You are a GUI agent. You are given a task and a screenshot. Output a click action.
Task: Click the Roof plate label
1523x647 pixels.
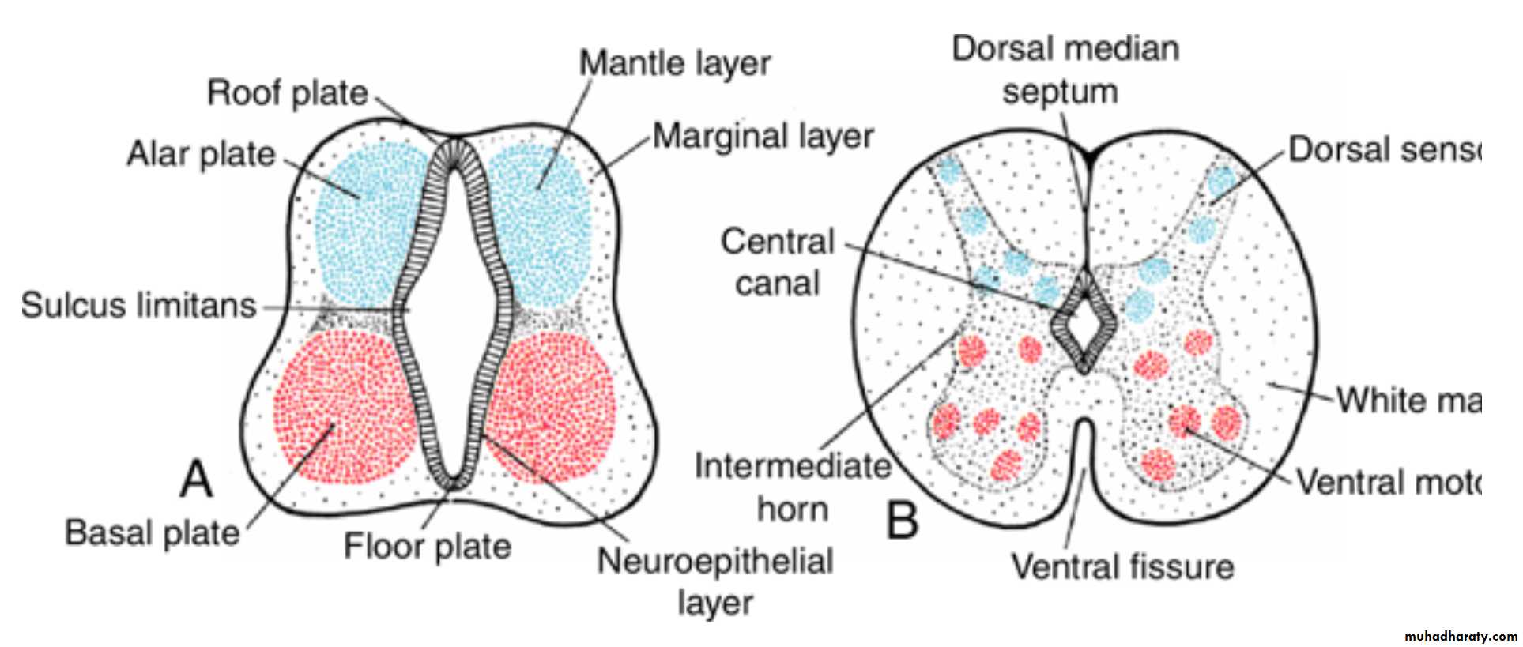[x=287, y=93]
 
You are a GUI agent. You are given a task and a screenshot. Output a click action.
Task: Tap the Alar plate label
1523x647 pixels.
[x=201, y=154]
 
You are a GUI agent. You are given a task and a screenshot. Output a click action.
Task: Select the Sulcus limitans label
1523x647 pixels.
[x=138, y=306]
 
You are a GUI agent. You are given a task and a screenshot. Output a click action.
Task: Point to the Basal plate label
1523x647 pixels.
[x=152, y=532]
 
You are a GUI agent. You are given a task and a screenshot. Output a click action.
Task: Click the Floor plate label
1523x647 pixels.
[x=427, y=546]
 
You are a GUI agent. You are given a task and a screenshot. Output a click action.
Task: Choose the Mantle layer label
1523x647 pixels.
[x=674, y=64]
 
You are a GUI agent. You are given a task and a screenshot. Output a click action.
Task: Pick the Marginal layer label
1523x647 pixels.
[x=763, y=137]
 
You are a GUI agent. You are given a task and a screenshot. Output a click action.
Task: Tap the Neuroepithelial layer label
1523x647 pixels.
[x=715, y=581]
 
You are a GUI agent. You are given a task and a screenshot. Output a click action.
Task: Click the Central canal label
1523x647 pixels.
[x=778, y=262]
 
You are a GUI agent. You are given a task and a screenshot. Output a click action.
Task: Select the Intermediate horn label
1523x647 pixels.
[x=792, y=487]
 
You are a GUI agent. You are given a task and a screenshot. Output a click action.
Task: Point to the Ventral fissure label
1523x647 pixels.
[x=1122, y=566]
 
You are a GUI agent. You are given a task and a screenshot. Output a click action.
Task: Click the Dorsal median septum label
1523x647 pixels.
[x=1064, y=70]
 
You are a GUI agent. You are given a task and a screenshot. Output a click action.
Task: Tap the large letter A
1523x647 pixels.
[x=196, y=479]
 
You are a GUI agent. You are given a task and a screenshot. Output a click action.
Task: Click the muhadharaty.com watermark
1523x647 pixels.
[x=1461, y=636]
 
